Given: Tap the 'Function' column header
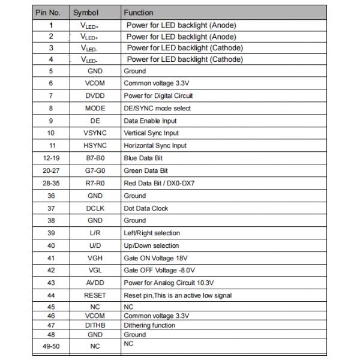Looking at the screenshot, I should [x=138, y=12].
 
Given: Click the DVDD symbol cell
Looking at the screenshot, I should [x=95, y=96].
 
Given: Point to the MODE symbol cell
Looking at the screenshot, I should [x=95, y=109].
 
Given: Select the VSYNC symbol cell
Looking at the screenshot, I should [x=95, y=133].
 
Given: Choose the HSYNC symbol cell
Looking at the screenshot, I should [x=95, y=146].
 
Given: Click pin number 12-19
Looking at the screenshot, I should [x=51, y=158].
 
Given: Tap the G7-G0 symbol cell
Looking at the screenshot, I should [x=95, y=171].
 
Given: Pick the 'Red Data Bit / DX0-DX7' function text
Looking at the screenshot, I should [x=159, y=183].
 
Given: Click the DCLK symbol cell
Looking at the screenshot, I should [x=95, y=208].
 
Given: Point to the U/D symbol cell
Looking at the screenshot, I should [x=95, y=245].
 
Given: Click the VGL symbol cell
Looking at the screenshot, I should [x=95, y=270].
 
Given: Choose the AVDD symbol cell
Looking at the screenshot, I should [x=95, y=283].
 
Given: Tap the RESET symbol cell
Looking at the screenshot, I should [x=95, y=295].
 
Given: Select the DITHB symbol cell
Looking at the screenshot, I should [x=95, y=325].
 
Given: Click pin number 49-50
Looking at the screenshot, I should [x=51, y=346].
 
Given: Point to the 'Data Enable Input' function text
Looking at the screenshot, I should [x=150, y=121].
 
